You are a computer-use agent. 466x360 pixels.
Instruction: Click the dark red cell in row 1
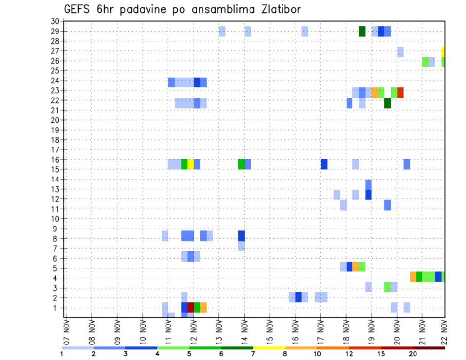191,308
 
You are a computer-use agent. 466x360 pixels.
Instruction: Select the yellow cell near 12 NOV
191,164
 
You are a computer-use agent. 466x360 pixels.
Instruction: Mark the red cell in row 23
400,92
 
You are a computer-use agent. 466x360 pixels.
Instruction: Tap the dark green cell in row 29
362,32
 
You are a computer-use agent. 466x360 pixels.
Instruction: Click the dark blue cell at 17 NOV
324,164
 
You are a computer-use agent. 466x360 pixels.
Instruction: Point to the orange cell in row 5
356,266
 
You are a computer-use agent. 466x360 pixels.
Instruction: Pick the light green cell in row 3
387,286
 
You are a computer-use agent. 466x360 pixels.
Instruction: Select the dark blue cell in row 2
299,296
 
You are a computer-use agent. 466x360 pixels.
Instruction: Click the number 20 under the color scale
413,354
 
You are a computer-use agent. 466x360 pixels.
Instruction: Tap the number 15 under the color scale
381,354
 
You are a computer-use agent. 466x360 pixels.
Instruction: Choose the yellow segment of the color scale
269,348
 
